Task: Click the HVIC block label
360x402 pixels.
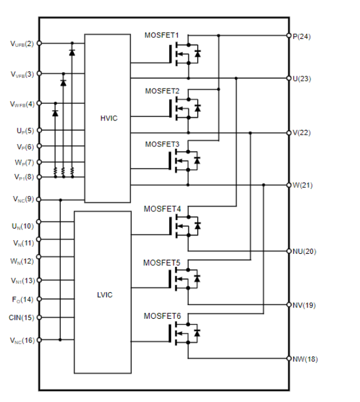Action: coord(109,118)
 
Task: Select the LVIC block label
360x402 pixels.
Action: coord(104,293)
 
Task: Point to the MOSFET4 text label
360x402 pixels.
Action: coord(162,209)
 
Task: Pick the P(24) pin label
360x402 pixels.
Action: coord(302,36)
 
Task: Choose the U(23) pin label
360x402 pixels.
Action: coord(302,78)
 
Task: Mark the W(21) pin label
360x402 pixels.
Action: coord(302,185)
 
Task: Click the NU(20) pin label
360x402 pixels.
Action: coord(305,251)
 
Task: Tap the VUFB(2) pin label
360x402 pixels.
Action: coord(22,43)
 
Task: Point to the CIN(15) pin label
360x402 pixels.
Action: coord(22,318)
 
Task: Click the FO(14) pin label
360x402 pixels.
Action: coord(23,299)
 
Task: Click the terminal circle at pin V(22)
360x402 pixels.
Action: coord(289,132)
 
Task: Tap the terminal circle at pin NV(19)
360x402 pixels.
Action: coord(289,305)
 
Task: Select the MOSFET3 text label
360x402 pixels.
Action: coord(162,144)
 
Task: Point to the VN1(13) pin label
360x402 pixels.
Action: coord(22,280)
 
